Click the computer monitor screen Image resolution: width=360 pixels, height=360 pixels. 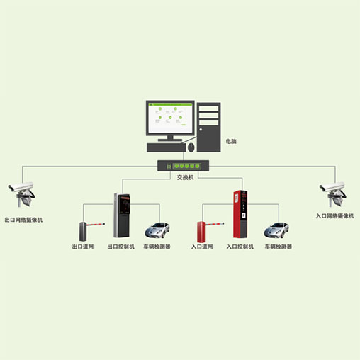pyautogui.click(x=170, y=118)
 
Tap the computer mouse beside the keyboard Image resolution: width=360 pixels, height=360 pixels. pyautogui.click(x=191, y=147)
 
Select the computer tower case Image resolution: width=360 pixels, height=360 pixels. pyautogui.click(x=209, y=127)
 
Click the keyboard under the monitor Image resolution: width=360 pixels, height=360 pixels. pyautogui.click(x=167, y=147)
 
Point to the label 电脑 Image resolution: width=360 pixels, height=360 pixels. pyautogui.click(x=231, y=141)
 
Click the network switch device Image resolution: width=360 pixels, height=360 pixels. pyautogui.click(x=183, y=166)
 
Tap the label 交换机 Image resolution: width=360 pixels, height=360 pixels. pyautogui.click(x=186, y=177)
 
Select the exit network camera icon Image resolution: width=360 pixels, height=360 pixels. pyautogui.click(x=22, y=194)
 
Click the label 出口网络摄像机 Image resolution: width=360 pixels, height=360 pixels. pyautogui.click(x=23, y=220)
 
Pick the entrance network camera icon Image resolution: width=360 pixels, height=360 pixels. pyautogui.click(x=333, y=194)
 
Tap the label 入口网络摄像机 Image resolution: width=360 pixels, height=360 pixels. pyautogui.click(x=334, y=216)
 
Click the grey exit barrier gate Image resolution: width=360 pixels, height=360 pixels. pyautogui.click(x=91, y=230)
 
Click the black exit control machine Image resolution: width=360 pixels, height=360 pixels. pyautogui.click(x=122, y=215)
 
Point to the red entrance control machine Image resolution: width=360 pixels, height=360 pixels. pyautogui.click(x=240, y=214)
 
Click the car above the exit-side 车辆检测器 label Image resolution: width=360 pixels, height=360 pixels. pyautogui.click(x=157, y=230)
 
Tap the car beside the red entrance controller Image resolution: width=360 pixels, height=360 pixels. pyautogui.click(x=276, y=230)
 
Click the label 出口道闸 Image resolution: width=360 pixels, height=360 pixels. pyautogui.click(x=83, y=247)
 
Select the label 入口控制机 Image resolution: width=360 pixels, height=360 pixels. pyautogui.click(x=240, y=247)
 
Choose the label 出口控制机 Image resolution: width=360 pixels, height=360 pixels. pyautogui.click(x=120, y=247)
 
